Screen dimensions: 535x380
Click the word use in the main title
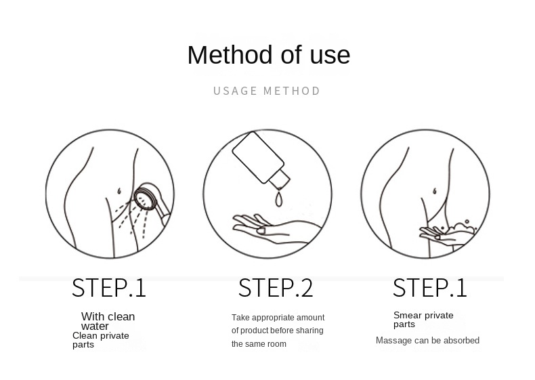[330, 56]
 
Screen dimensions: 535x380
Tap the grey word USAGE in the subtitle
[235, 91]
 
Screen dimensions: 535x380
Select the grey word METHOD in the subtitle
[292, 91]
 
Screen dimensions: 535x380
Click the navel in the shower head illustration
[119, 191]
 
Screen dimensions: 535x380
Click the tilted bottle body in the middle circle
[258, 157]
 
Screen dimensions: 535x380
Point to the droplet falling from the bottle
[279, 199]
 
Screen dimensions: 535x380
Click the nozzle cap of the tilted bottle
[280, 180]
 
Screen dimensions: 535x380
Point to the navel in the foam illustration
[435, 191]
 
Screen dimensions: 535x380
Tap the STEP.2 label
[276, 288]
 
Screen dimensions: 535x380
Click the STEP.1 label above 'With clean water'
[109, 288]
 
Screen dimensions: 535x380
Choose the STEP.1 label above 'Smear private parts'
[429, 288]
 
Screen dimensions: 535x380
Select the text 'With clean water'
[108, 321]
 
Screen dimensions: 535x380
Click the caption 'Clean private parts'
[101, 340]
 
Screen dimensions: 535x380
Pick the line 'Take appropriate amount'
[278, 318]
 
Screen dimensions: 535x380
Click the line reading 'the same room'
[259, 344]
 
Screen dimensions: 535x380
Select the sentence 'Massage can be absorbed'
[427, 341]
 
